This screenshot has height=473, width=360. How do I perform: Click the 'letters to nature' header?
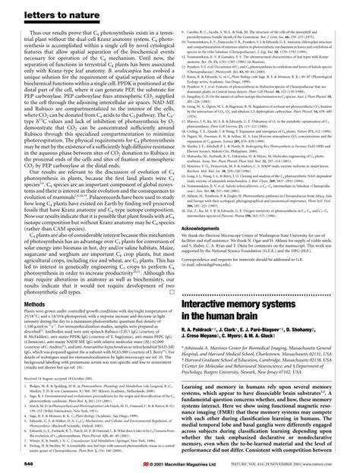tap(40, 10)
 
